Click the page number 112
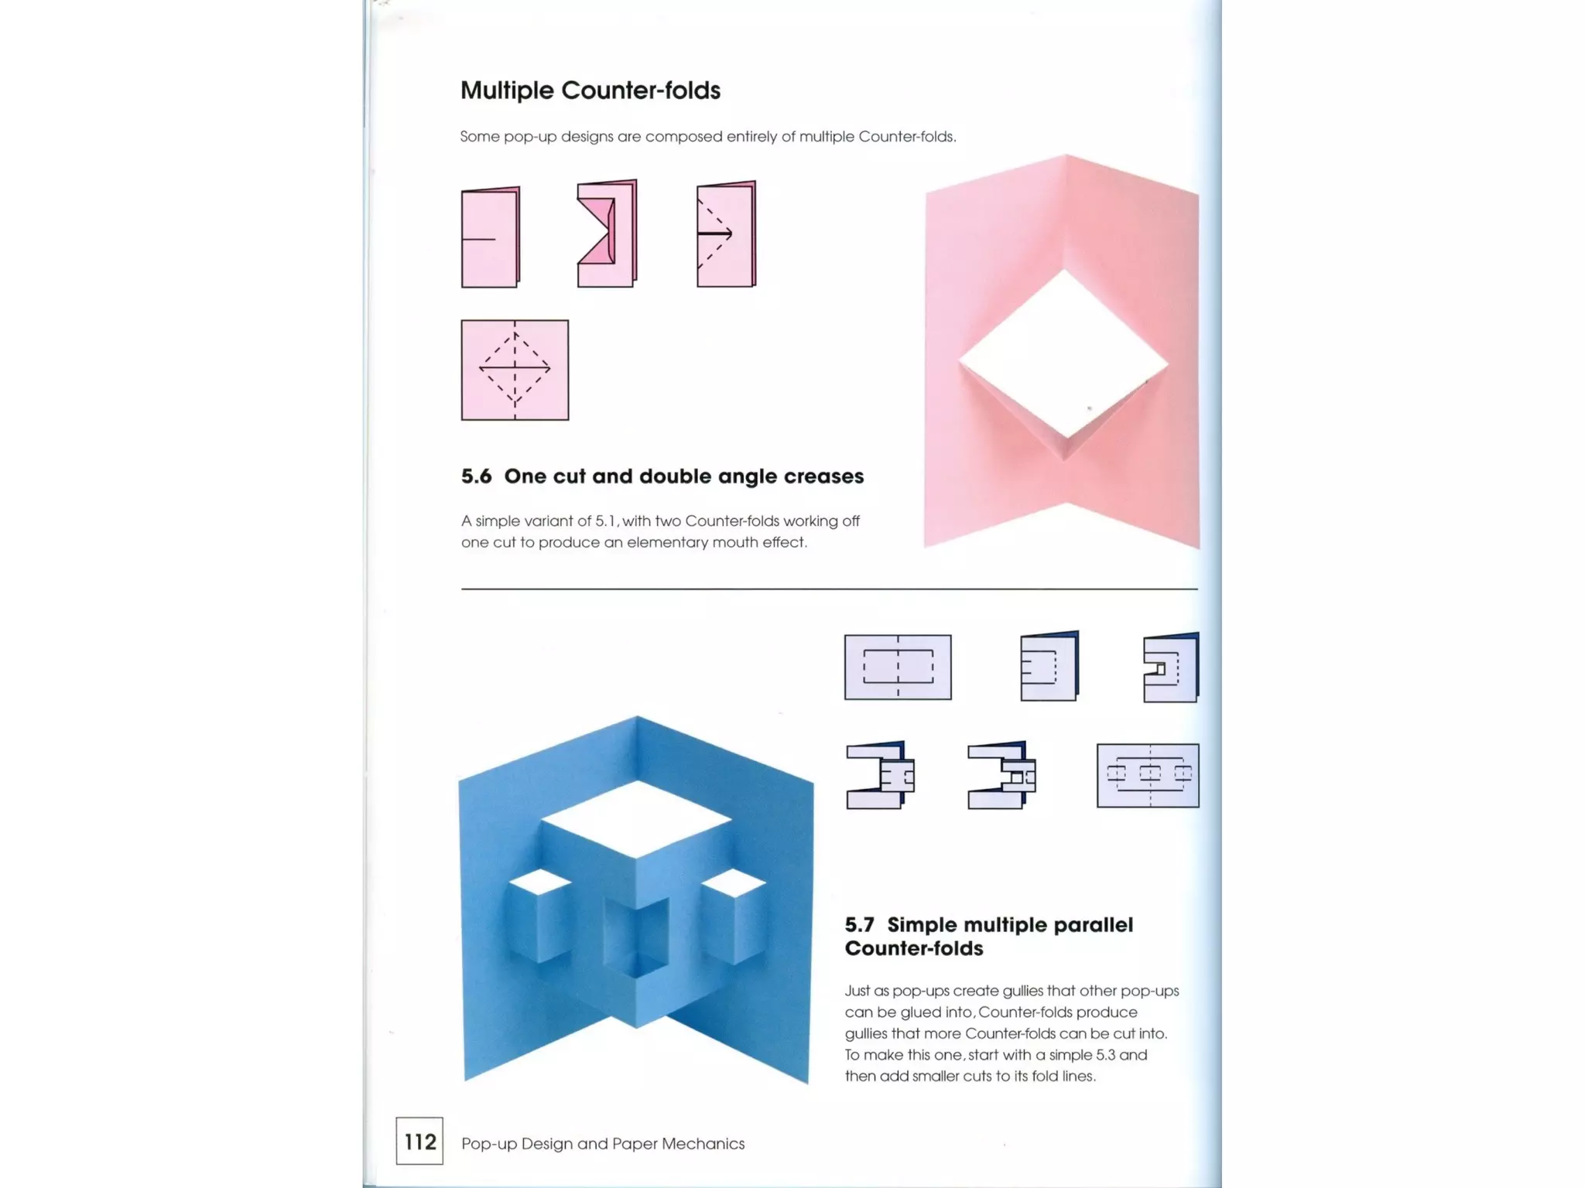[419, 1142]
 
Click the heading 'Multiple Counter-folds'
[590, 90]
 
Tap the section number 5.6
[476, 476]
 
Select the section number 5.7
[859, 925]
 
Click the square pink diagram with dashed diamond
[515, 370]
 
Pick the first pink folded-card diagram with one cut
[490, 237]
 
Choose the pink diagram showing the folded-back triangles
[607, 233]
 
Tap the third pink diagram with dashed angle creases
[726, 234]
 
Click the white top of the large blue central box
[637, 819]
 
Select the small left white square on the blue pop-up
[539, 881]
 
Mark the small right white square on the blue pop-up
[734, 882]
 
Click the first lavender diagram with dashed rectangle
[898, 667]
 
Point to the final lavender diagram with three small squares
[1148, 775]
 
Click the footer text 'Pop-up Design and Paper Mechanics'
[603, 1143]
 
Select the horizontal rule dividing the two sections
[829, 589]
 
